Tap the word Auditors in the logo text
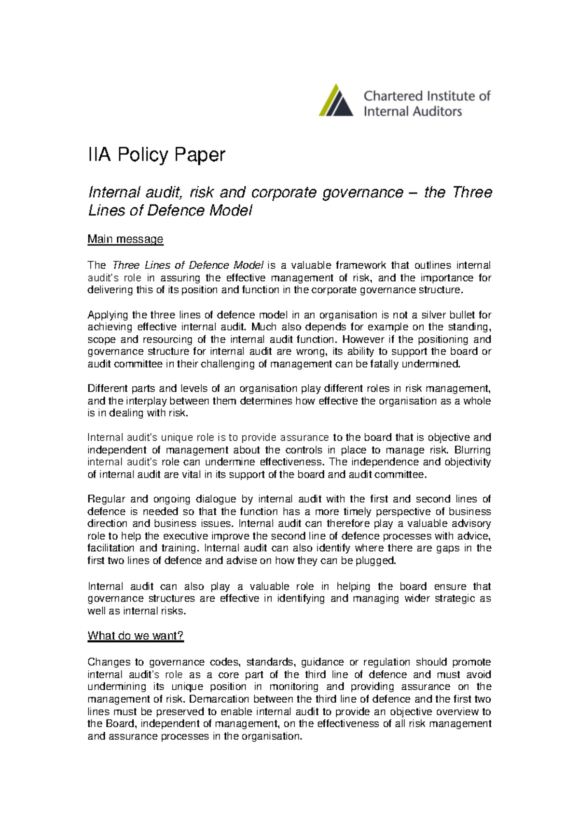pos(437,112)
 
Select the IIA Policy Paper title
pos(156,155)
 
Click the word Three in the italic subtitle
pos(472,192)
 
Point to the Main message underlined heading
pos(125,239)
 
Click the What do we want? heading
pos(136,636)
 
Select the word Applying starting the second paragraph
pos(108,315)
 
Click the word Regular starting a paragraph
pos(106,499)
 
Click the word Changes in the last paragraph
pos(108,662)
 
